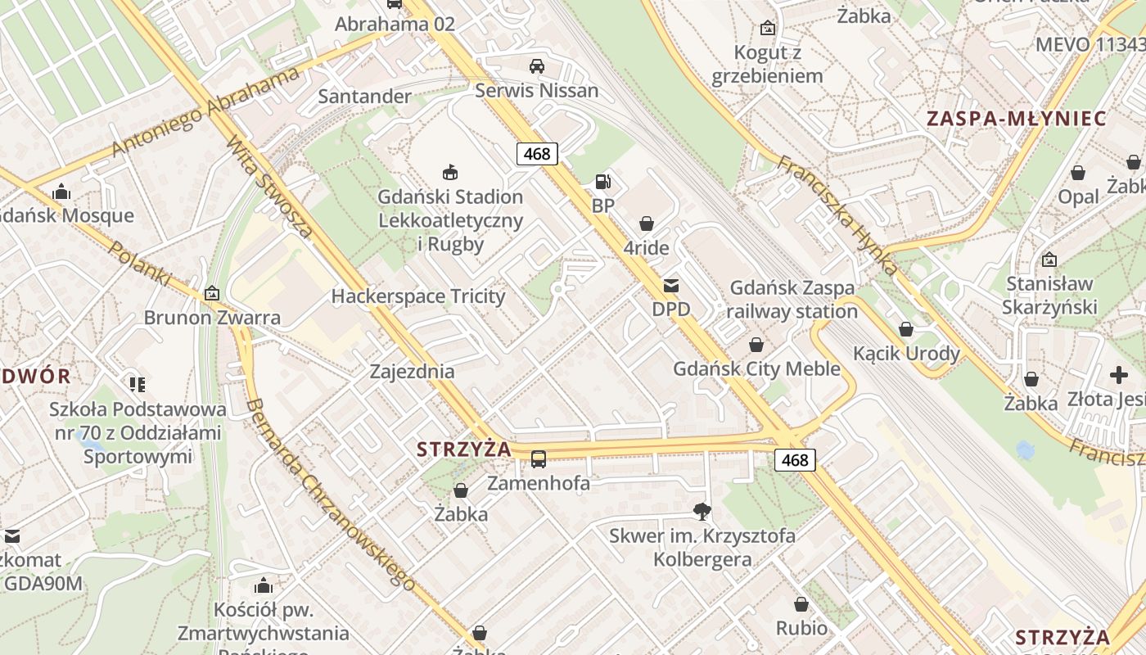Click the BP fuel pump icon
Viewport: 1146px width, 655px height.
pyautogui.click(x=602, y=181)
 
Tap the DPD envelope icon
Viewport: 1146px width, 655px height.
pyautogui.click(x=671, y=286)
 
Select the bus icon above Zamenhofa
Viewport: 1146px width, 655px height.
pyautogui.click(x=539, y=459)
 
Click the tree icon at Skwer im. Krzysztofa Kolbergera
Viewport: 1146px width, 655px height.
pyautogui.click(x=702, y=512)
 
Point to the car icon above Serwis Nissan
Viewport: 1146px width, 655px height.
pyautogui.click(x=537, y=66)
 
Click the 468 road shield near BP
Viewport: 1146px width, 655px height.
pyautogui.click(x=537, y=153)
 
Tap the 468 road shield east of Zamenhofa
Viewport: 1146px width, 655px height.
pyautogui.click(x=795, y=460)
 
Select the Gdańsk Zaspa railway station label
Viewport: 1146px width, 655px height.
pyautogui.click(x=792, y=300)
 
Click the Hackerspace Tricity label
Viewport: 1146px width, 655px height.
pyautogui.click(x=417, y=296)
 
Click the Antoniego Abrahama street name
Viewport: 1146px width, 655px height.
pyautogui.click(x=205, y=112)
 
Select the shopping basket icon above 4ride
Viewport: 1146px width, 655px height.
pyautogui.click(x=647, y=224)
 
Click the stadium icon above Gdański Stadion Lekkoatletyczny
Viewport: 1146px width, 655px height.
pyautogui.click(x=449, y=172)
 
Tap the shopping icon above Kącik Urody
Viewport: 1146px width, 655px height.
pyautogui.click(x=906, y=329)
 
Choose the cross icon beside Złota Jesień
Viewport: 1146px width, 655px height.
pyautogui.click(x=1119, y=375)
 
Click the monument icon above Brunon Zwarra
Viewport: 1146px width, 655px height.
pyautogui.click(x=212, y=292)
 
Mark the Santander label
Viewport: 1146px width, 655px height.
pyautogui.click(x=364, y=97)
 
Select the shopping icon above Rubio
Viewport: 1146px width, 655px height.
pyautogui.click(x=801, y=604)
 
